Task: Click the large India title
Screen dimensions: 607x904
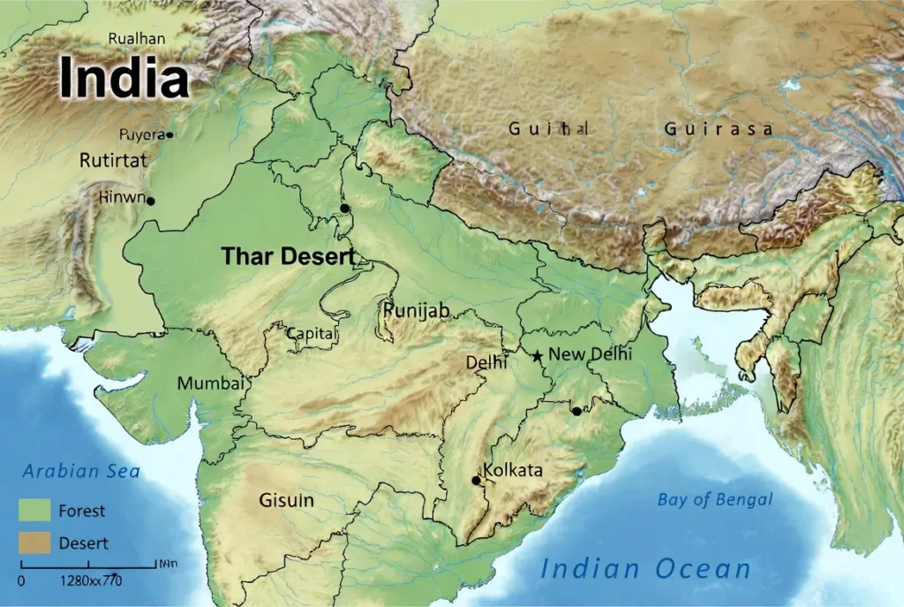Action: [124, 78]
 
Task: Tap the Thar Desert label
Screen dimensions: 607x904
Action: [288, 257]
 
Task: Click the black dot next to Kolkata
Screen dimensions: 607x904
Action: [477, 481]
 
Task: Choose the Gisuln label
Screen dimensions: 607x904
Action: [286, 500]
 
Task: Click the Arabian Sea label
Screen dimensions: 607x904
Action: [81, 471]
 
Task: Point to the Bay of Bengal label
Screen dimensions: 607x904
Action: [715, 500]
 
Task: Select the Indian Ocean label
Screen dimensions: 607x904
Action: [645, 569]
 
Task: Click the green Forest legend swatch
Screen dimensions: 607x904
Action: [35, 510]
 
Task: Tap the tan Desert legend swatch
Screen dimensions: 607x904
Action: [35, 543]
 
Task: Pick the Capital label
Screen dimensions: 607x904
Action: [312, 333]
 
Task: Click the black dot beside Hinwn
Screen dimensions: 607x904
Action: [151, 201]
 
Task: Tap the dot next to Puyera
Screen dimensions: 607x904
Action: [170, 135]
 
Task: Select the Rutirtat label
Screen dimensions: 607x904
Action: [113, 161]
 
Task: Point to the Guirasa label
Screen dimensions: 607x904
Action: [719, 129]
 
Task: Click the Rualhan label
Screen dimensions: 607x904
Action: [137, 38]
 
